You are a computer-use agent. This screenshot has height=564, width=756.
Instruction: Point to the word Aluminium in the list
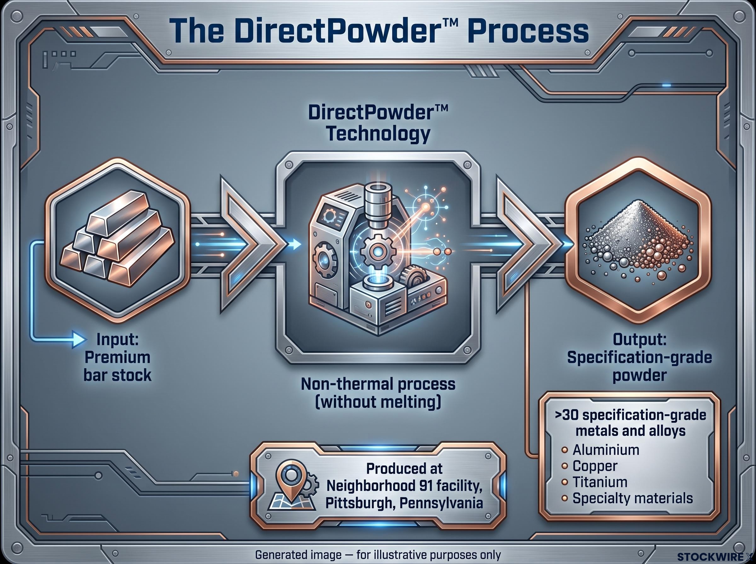coord(606,450)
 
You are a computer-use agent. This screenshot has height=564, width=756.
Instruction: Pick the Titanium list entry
coord(600,482)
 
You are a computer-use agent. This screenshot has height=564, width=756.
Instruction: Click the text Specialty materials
coord(633,499)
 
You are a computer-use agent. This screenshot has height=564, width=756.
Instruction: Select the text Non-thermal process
coord(378,384)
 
